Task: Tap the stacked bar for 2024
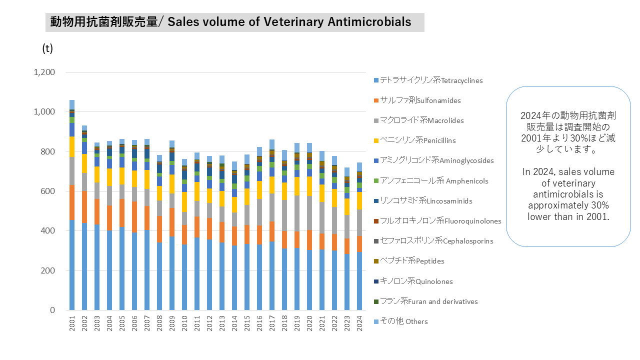(x=359, y=240)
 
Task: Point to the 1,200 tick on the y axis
(x=44, y=72)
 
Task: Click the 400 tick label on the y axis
(x=48, y=230)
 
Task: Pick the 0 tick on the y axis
(x=52, y=310)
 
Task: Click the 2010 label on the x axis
(x=184, y=324)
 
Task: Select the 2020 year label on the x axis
(x=309, y=324)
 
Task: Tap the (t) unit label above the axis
(x=47, y=48)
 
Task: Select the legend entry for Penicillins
(x=417, y=140)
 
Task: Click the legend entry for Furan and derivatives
(x=428, y=301)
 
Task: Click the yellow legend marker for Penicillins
(x=376, y=140)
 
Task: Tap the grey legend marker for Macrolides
(x=376, y=120)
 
